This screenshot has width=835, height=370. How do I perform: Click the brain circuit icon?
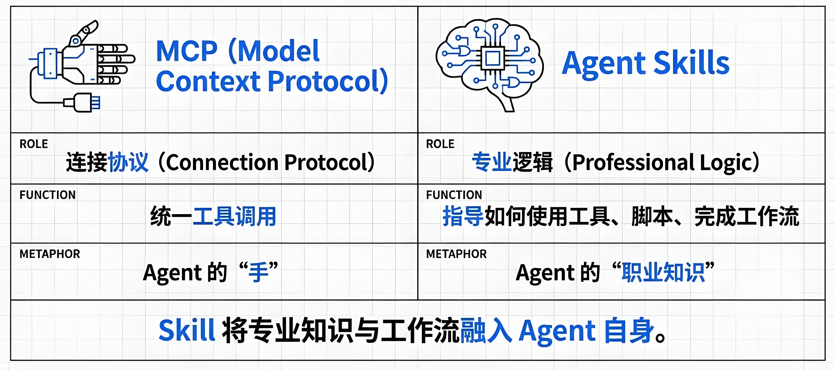click(x=490, y=63)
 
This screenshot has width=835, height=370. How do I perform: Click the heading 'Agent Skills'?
click(x=645, y=63)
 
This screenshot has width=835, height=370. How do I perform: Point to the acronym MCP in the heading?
click(x=186, y=51)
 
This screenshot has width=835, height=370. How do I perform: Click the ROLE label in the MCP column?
click(x=34, y=144)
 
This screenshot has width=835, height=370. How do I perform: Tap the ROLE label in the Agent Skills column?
click(x=440, y=144)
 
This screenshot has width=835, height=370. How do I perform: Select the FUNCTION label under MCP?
click(x=47, y=195)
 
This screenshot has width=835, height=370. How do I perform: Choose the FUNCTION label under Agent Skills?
click(x=454, y=195)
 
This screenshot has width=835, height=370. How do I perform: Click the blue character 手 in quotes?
click(x=258, y=272)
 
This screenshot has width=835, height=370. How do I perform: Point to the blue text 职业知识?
click(x=663, y=272)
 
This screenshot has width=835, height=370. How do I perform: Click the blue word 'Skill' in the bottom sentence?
click(x=186, y=330)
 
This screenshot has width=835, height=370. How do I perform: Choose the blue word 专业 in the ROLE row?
click(x=491, y=162)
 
